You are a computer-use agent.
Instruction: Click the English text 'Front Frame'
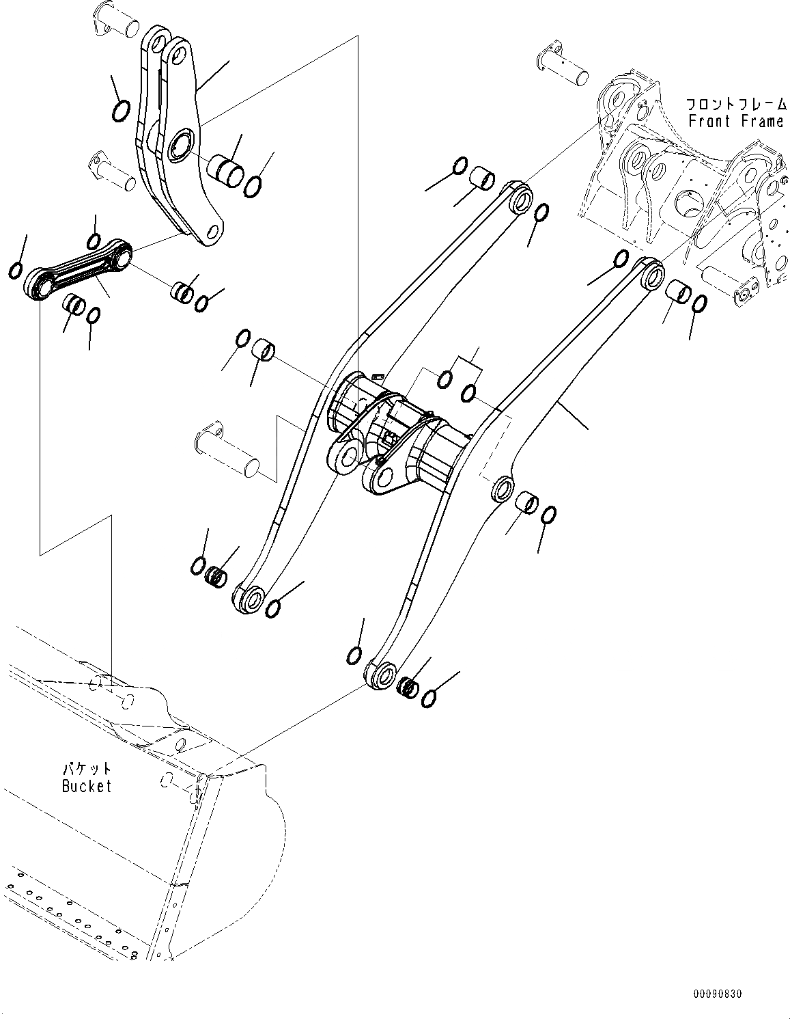(735, 122)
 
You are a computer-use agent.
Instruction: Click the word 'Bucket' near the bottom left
(86, 786)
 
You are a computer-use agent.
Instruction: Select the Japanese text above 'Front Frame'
(735, 104)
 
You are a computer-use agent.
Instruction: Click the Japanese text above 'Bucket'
(86, 769)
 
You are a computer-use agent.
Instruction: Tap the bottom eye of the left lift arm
(252, 599)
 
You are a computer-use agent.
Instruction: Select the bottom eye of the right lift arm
(384, 675)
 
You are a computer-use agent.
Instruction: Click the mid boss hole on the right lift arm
(503, 489)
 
